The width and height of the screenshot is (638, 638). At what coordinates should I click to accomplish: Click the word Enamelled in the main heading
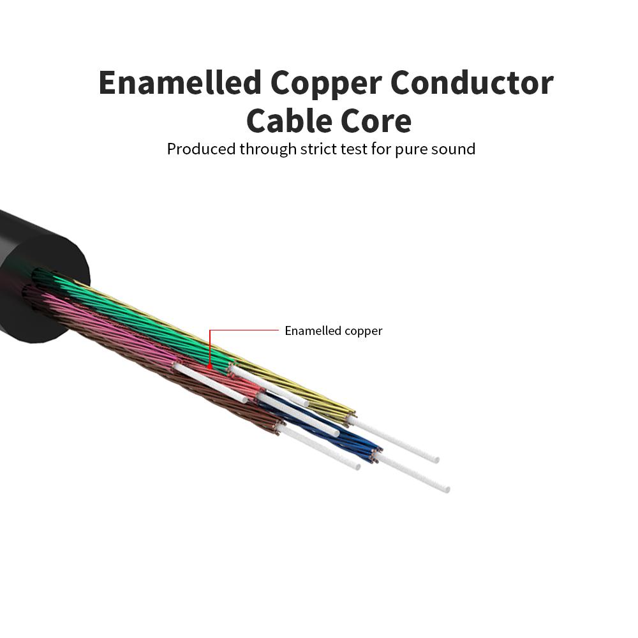pos(179,83)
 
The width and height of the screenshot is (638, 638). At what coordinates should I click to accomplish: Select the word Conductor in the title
pos(472,83)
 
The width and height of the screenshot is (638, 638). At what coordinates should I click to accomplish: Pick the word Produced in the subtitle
pos(201,149)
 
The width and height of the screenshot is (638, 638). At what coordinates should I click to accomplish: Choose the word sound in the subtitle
pos(452,149)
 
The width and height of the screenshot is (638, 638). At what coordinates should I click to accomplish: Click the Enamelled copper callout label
pos(333,330)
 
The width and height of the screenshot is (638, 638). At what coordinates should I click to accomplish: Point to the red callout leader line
pos(246,330)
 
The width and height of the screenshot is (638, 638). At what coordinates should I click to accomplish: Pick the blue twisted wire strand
pos(332,427)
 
